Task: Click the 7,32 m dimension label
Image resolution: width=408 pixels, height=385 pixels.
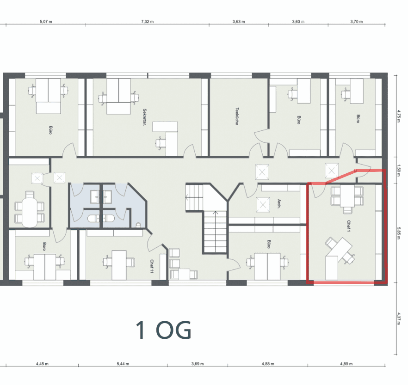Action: pos(147,21)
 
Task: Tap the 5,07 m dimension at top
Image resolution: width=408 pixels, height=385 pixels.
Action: pos(45,21)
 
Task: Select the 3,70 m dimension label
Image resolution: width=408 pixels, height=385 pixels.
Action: pos(356,21)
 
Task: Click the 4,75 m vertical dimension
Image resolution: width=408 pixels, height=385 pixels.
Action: pos(399,115)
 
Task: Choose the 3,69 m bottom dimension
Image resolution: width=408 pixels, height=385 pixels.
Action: pos(198,364)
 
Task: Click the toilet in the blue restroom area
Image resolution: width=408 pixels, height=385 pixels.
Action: pos(139,225)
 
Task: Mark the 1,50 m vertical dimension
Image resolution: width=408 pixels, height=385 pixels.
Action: pos(399,170)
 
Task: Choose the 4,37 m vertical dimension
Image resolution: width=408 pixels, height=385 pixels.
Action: pos(399,319)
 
